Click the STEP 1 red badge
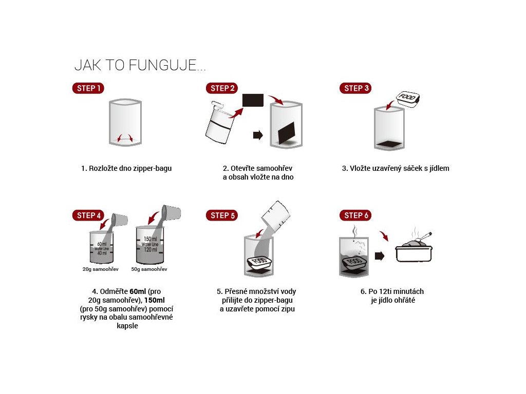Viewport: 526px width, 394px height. [88, 88]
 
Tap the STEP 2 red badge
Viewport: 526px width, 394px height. [222, 88]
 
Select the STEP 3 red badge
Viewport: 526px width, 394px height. [355, 88]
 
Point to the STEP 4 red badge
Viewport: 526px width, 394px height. [88, 215]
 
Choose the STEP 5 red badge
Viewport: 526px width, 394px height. [222, 215]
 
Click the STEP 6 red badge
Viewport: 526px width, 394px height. [355, 215]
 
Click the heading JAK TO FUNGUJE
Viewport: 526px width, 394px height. [140, 65]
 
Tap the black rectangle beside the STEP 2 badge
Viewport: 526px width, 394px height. [253, 100]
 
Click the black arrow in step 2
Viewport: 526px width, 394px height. [258, 135]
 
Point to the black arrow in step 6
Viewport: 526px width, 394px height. [380, 256]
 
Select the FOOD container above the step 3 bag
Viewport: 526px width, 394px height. [408, 99]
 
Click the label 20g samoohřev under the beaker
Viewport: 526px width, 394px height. [100, 269]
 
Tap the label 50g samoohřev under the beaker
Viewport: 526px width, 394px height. [149, 269]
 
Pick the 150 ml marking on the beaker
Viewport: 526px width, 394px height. [150, 239]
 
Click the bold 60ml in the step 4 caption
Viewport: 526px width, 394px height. [138, 291]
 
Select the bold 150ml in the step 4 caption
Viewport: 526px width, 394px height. [154, 300]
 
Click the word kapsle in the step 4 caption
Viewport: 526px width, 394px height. [127, 326]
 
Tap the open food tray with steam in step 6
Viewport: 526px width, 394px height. [414, 247]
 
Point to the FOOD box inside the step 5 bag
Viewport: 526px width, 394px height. [259, 262]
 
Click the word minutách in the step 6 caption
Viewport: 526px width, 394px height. [408, 291]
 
